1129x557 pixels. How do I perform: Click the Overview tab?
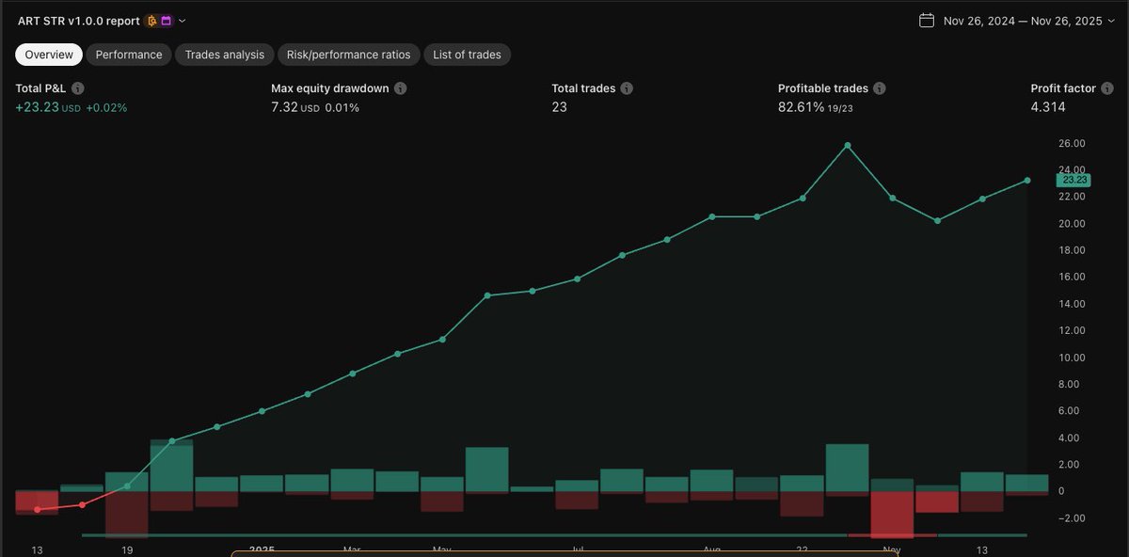49,55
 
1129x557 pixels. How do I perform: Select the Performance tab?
129,55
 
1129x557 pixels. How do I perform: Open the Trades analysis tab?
225,55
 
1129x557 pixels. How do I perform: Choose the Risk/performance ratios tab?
348,55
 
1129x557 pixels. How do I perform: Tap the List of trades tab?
467,55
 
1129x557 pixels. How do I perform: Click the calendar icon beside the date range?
927,21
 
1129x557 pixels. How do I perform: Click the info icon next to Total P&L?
78,88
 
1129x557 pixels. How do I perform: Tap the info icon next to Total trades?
627,88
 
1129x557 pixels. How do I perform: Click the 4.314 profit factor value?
1048,107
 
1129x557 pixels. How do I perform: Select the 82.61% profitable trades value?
801,107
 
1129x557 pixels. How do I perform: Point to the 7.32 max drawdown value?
284,107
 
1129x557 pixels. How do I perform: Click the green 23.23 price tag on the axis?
1073,180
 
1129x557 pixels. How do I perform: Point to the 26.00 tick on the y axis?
1073,143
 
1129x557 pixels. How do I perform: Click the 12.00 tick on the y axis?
1073,330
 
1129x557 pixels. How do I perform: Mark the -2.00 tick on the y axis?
1073,518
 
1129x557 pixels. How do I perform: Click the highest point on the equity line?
848,145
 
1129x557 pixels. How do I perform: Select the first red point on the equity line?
38,509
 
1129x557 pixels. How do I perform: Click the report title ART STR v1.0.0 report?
79,21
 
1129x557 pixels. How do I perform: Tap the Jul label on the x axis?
578,549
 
